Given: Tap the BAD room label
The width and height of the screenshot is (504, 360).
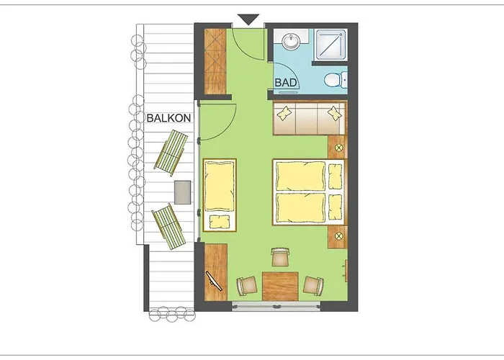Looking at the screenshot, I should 287,84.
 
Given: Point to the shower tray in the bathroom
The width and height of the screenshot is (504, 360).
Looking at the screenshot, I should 330,44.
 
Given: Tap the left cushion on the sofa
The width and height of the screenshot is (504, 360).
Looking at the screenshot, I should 285,113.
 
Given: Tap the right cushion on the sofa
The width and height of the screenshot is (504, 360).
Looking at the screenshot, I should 335,113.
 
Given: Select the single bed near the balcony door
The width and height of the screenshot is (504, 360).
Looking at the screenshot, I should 220,194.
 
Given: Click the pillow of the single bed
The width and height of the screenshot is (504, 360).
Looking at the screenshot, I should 220,220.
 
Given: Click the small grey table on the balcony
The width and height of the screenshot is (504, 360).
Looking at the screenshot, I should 183,192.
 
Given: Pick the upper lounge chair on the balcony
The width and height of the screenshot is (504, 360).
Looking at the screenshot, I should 172,153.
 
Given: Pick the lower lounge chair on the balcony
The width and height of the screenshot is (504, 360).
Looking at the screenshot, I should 167,226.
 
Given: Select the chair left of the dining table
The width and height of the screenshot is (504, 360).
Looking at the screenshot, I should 246,286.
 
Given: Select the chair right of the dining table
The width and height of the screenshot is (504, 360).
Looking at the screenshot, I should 312,285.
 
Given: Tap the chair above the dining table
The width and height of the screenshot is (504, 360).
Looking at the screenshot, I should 279,256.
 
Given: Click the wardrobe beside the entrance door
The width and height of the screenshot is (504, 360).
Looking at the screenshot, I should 215,62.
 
